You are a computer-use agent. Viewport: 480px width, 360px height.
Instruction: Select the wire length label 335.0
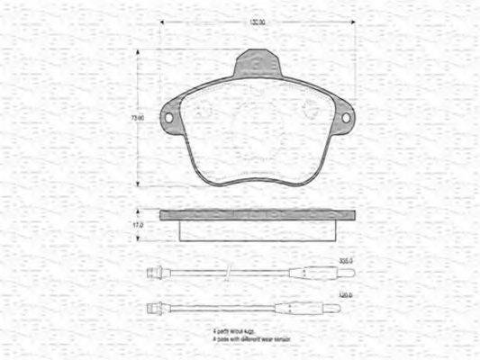pos(344,261)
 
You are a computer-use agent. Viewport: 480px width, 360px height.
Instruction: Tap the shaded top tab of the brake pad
pos(258,66)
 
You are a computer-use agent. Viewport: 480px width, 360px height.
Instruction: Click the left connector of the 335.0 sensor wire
pos(153,270)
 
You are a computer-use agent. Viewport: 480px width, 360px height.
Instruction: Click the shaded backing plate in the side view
pos(257,215)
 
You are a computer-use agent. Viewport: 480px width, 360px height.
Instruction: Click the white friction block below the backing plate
pos(257,229)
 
